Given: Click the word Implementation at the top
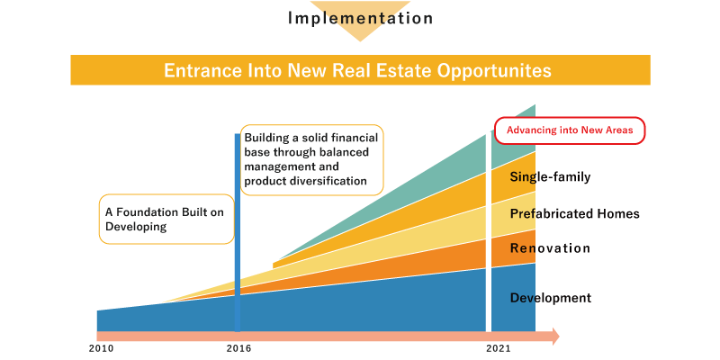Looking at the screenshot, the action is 360,18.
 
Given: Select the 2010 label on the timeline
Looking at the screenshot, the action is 101,348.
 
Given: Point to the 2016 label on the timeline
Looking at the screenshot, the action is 238,348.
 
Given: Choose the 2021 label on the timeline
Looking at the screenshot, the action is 499,348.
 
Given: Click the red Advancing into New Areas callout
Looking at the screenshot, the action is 570,130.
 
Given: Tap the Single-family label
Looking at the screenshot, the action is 550,176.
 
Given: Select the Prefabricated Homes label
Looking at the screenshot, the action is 574,213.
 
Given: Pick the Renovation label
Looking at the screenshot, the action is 550,248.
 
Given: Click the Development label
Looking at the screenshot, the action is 551,298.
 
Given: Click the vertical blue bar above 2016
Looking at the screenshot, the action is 238,233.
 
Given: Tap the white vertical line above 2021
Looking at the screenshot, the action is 489,233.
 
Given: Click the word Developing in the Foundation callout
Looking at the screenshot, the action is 136,228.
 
